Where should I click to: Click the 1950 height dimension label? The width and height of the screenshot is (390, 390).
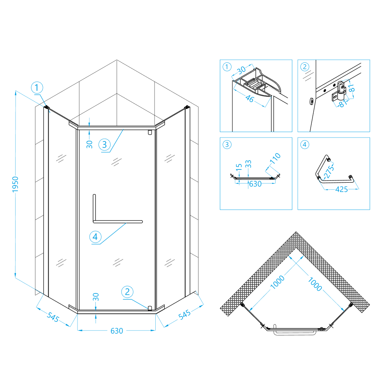point(16,184)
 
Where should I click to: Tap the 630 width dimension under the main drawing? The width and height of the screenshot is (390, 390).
point(117,331)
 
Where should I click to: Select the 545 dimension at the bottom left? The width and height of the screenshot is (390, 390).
point(53,317)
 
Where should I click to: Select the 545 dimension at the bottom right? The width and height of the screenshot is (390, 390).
point(184,315)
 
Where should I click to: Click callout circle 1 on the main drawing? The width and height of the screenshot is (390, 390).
point(37,88)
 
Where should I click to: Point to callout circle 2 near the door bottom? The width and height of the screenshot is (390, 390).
point(127,292)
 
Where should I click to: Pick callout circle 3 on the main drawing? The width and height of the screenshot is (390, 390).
point(104,145)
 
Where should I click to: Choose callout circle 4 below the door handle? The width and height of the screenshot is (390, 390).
point(95,236)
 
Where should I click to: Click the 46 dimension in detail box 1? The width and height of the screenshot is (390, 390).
point(249,99)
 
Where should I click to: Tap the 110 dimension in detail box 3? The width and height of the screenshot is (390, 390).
point(275,159)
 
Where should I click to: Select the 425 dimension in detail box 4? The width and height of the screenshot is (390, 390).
point(341,189)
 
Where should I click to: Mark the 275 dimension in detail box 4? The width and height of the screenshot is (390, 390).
point(329,172)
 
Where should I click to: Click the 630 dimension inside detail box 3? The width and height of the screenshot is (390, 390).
point(255,184)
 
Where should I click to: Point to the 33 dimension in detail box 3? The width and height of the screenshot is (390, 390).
point(248,164)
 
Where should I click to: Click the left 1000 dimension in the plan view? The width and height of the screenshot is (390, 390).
point(278,282)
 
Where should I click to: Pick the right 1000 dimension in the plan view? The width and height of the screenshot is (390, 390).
point(315,284)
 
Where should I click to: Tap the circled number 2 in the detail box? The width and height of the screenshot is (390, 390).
point(305,67)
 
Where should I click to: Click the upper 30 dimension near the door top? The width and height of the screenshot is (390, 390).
point(89,145)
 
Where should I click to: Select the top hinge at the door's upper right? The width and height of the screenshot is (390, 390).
point(150,132)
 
